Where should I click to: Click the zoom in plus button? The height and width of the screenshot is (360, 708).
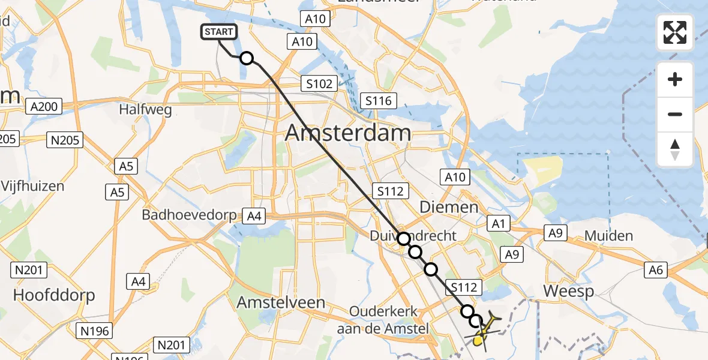[675, 79]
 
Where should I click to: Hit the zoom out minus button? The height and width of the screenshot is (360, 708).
[675, 114]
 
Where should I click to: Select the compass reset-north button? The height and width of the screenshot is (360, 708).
[675, 149]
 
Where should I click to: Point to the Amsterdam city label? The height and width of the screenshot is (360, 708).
[348, 133]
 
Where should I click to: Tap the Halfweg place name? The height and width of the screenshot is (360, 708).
[145, 110]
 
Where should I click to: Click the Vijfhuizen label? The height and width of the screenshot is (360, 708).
[32, 186]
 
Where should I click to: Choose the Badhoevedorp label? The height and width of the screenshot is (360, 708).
[191, 214]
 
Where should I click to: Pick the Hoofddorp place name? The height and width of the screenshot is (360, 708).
[53, 296]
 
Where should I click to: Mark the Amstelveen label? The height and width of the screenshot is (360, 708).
[281, 302]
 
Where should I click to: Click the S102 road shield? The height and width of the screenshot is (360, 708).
[319, 83]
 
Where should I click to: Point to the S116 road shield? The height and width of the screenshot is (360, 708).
[379, 101]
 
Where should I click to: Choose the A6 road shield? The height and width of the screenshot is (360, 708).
[656, 271]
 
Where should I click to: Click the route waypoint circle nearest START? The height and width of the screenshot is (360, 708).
[247, 58]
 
